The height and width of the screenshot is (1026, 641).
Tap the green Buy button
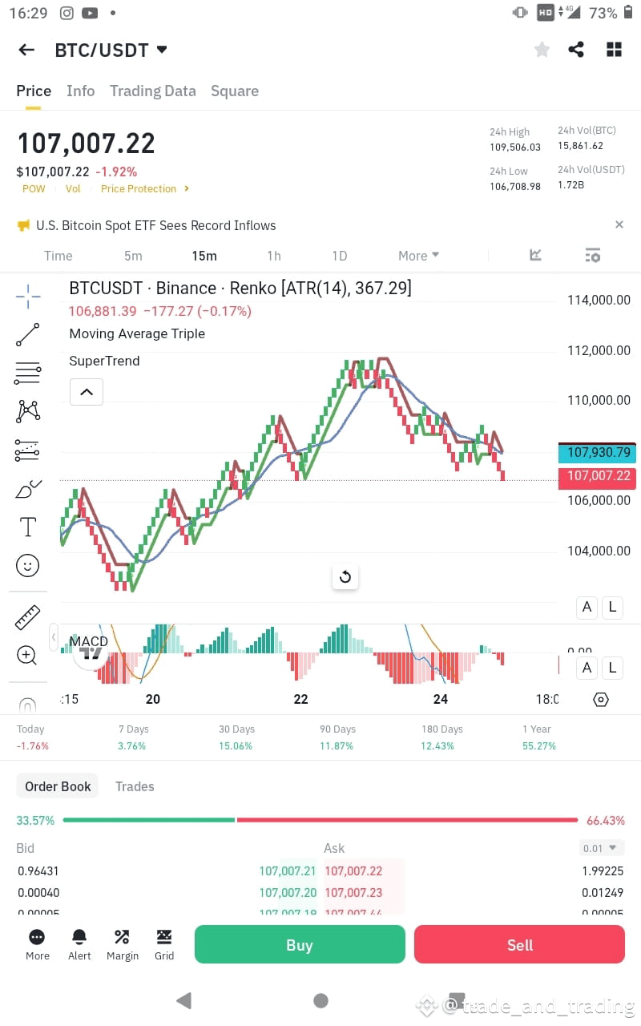click(300, 944)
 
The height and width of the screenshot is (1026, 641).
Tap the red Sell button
click(519, 944)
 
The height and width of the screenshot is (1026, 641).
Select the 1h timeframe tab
click(274, 256)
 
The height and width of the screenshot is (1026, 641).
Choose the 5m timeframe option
click(133, 256)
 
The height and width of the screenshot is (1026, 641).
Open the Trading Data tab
click(152, 91)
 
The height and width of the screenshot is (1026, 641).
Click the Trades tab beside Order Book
click(135, 786)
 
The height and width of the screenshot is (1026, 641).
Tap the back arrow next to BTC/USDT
click(26, 50)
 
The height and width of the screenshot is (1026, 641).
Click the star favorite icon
click(542, 50)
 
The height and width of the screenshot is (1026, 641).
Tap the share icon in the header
click(576, 50)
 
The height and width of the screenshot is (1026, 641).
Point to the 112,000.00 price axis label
click(599, 350)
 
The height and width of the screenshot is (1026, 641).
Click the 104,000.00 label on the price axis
click(599, 551)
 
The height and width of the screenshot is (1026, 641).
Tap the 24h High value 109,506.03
click(515, 147)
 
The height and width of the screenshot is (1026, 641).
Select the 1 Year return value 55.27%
click(540, 745)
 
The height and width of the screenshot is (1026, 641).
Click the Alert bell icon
click(79, 937)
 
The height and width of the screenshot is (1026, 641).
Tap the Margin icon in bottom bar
click(122, 937)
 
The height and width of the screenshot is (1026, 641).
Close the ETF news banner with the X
click(619, 225)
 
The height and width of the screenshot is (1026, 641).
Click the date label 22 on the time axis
click(300, 699)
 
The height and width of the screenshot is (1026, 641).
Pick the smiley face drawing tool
click(28, 566)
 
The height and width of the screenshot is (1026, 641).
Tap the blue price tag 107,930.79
click(599, 452)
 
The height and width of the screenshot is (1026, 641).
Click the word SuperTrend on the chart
click(104, 361)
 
